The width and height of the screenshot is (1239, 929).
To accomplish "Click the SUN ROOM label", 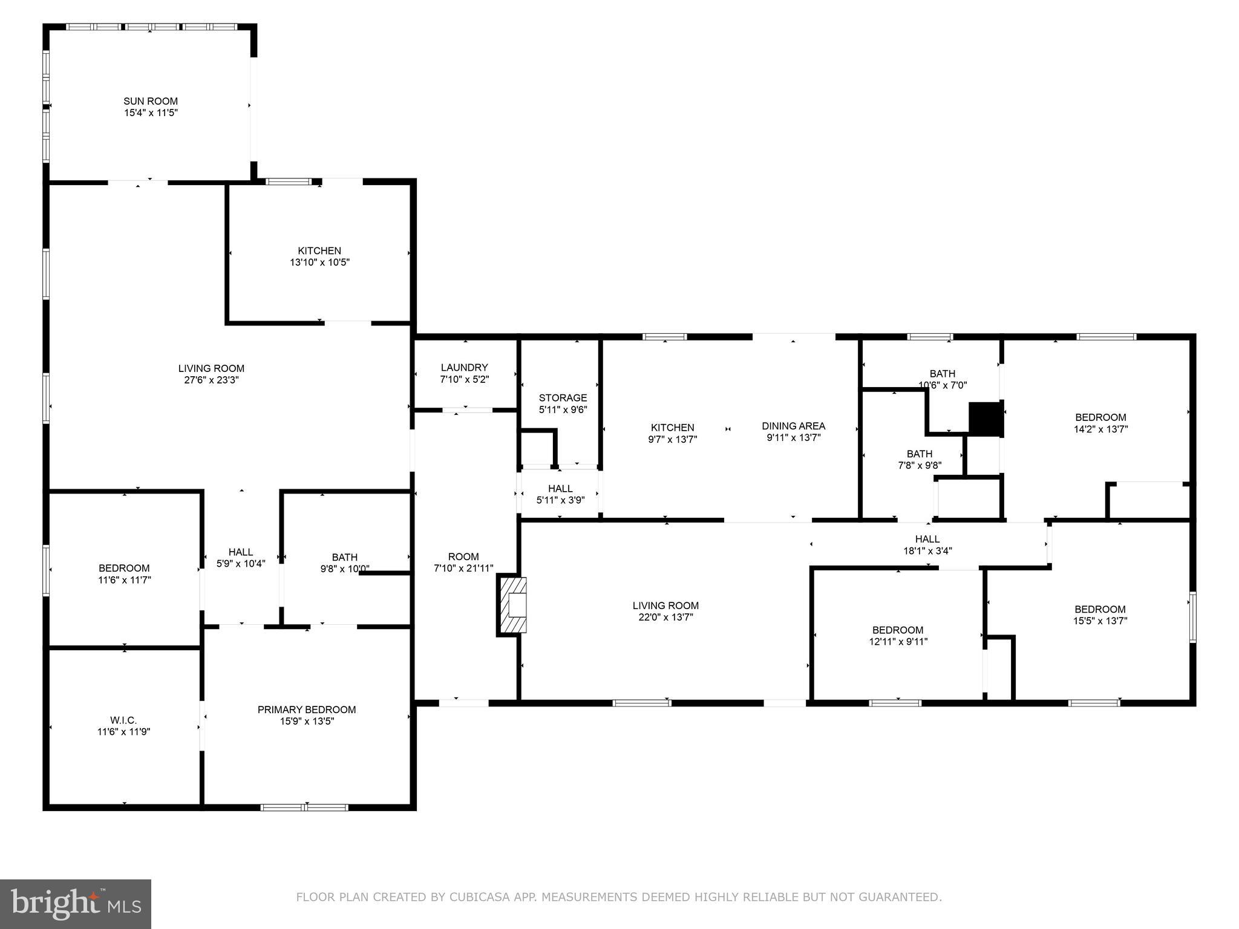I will coord(151,101).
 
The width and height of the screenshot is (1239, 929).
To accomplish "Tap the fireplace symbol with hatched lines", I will coord(512,605).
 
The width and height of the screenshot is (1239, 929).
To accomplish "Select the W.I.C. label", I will coord(123,720).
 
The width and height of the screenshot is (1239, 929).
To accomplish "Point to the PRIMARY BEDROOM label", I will coord(307,709).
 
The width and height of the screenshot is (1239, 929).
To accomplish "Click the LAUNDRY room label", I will coord(464,367).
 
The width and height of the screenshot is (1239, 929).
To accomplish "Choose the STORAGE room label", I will coord(563,397).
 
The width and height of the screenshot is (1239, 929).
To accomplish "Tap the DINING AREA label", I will coord(793,426).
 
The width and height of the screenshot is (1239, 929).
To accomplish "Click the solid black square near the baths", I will coord(986,419).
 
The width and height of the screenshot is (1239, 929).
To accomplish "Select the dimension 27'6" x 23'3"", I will coord(211,380).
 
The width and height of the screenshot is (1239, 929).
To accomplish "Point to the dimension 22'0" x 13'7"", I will coord(665,617).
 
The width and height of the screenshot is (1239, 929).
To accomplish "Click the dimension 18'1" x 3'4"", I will coord(927,550).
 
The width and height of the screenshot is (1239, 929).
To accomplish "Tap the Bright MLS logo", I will coord(76,904).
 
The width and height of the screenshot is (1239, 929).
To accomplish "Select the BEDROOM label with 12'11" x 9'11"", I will coord(898,630).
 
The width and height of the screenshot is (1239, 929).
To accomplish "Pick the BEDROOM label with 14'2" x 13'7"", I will coord(1100,417).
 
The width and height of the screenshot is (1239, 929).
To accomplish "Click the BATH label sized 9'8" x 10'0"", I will coord(344,557).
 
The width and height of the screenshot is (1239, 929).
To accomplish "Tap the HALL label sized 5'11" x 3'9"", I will coord(560,488).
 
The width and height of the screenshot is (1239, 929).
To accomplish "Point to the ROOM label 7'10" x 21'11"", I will coord(463,556).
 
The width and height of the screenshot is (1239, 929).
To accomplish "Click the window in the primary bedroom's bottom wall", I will coord(304,807).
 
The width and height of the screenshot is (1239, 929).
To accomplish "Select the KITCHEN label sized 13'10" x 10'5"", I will coord(319,250).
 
